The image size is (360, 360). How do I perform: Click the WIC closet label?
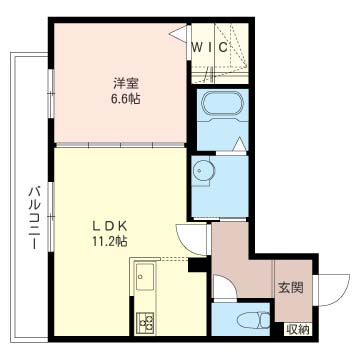(210, 47)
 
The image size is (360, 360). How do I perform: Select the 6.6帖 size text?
(126, 99)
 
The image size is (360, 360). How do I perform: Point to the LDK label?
(109, 226)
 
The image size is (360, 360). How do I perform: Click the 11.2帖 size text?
(109, 242)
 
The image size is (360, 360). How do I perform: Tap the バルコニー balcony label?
(34, 218)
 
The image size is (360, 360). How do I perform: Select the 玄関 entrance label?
(291, 287)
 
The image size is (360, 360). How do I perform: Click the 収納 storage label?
(298, 330)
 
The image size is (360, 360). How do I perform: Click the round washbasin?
(202, 171)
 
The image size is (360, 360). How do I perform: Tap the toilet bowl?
(253, 321)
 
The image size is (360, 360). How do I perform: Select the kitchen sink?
(145, 276)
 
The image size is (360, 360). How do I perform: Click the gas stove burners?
(145, 322)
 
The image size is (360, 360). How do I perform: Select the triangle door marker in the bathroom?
(240, 144)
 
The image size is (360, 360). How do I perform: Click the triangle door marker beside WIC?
(180, 33)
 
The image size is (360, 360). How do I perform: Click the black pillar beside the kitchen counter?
(198, 265)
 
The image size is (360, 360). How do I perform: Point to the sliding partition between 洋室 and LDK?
(120, 145)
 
